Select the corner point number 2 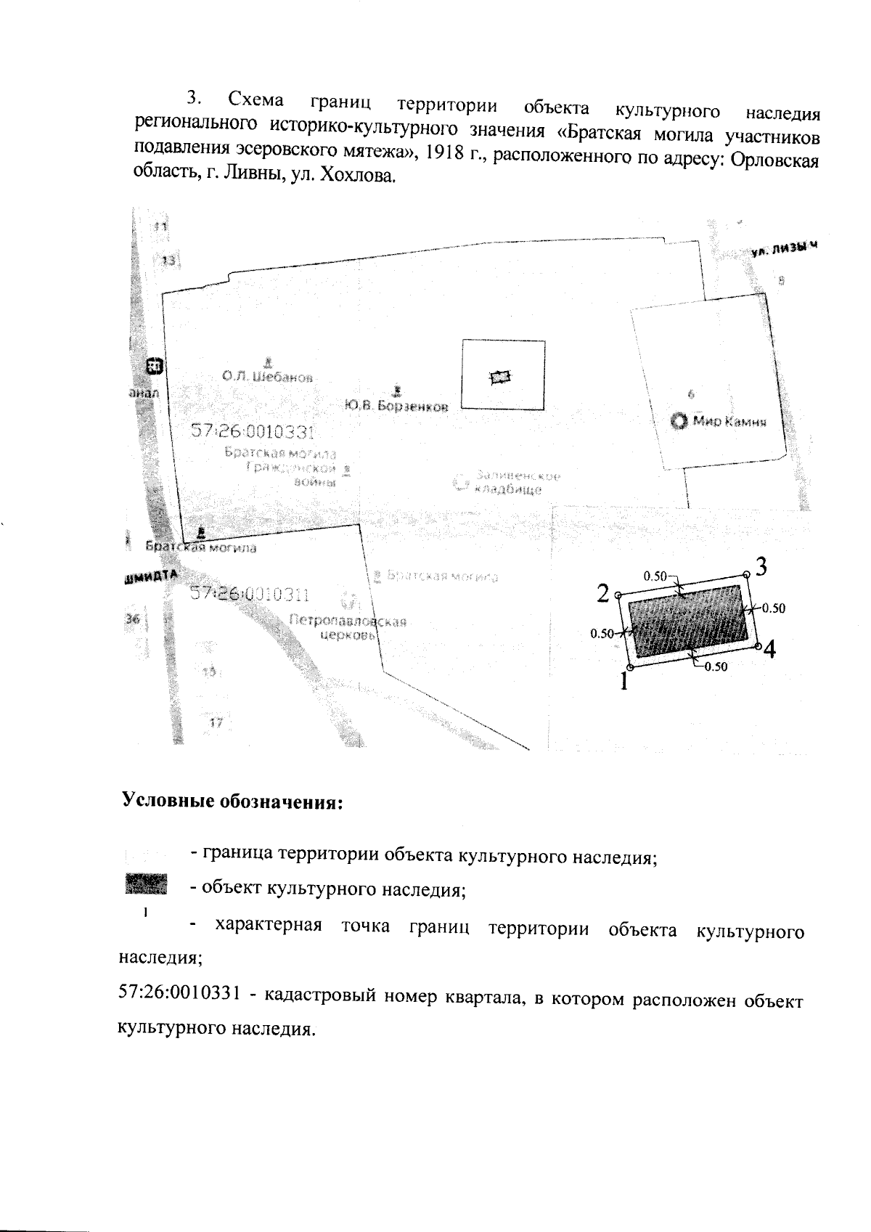click(618, 596)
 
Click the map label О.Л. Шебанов click(268, 377)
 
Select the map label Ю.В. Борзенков click(396, 406)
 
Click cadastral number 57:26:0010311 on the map click(250, 595)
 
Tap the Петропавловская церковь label click(348, 628)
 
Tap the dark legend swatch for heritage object click(146, 884)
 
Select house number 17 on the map click(216, 722)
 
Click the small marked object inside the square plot click(501, 376)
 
